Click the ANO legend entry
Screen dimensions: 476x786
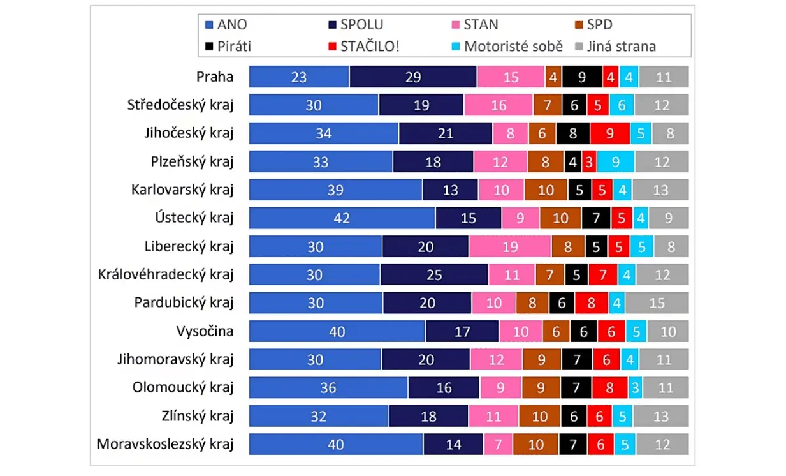pos(226,26)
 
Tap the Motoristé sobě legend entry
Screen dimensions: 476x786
pos(506,47)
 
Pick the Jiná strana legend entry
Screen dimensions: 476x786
pos(615,47)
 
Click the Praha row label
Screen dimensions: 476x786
pos(215,77)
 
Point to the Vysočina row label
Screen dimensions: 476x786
pos(205,331)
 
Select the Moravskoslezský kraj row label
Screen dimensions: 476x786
pos(165,444)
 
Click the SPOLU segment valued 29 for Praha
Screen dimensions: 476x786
pos(413,77)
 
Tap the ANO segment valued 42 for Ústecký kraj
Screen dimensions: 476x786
pos(342,218)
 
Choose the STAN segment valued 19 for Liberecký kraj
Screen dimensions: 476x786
pos(509,246)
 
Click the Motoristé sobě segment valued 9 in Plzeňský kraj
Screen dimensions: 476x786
pos(616,162)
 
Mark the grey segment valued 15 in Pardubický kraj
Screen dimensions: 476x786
pos(657,303)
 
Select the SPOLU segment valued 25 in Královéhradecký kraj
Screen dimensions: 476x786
pos(434,275)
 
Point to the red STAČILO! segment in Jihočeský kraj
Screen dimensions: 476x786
pos(609,134)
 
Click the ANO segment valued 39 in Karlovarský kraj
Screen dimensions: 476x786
pos(335,190)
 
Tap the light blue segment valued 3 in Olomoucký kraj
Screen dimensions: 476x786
pos(636,388)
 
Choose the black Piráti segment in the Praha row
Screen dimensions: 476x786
pos(582,77)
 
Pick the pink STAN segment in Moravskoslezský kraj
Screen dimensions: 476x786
pos(498,444)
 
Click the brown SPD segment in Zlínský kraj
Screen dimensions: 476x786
pos(540,416)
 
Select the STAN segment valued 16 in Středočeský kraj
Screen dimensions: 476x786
pos(499,105)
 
